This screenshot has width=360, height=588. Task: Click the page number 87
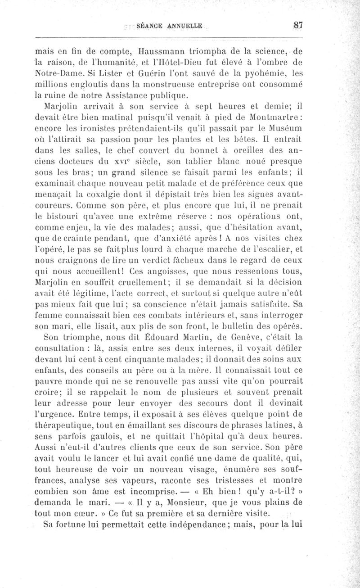(x=296, y=25)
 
